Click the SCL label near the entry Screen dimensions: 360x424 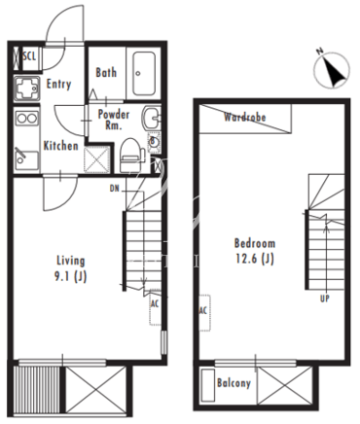tap(29, 56)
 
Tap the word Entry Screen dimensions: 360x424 tap(58, 84)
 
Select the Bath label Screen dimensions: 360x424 tap(106, 72)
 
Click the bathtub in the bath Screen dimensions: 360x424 tap(144, 74)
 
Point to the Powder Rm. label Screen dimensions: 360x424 tap(114, 120)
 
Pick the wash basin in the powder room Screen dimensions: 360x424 tap(151, 118)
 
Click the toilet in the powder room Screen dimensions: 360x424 tap(131, 155)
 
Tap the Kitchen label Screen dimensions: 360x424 tap(60, 146)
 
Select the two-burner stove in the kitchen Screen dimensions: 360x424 tap(27, 118)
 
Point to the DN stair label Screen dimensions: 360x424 tap(115, 189)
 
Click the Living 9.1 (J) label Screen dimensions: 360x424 tap(70, 268)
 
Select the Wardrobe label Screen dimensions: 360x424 tap(245, 117)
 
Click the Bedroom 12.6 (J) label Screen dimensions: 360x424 tap(255, 251)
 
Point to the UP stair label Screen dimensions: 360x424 tap(325, 299)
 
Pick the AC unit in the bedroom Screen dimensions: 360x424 tap(204, 312)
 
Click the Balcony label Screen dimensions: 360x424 tap(234, 383)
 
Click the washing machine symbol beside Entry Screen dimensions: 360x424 tap(27, 88)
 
